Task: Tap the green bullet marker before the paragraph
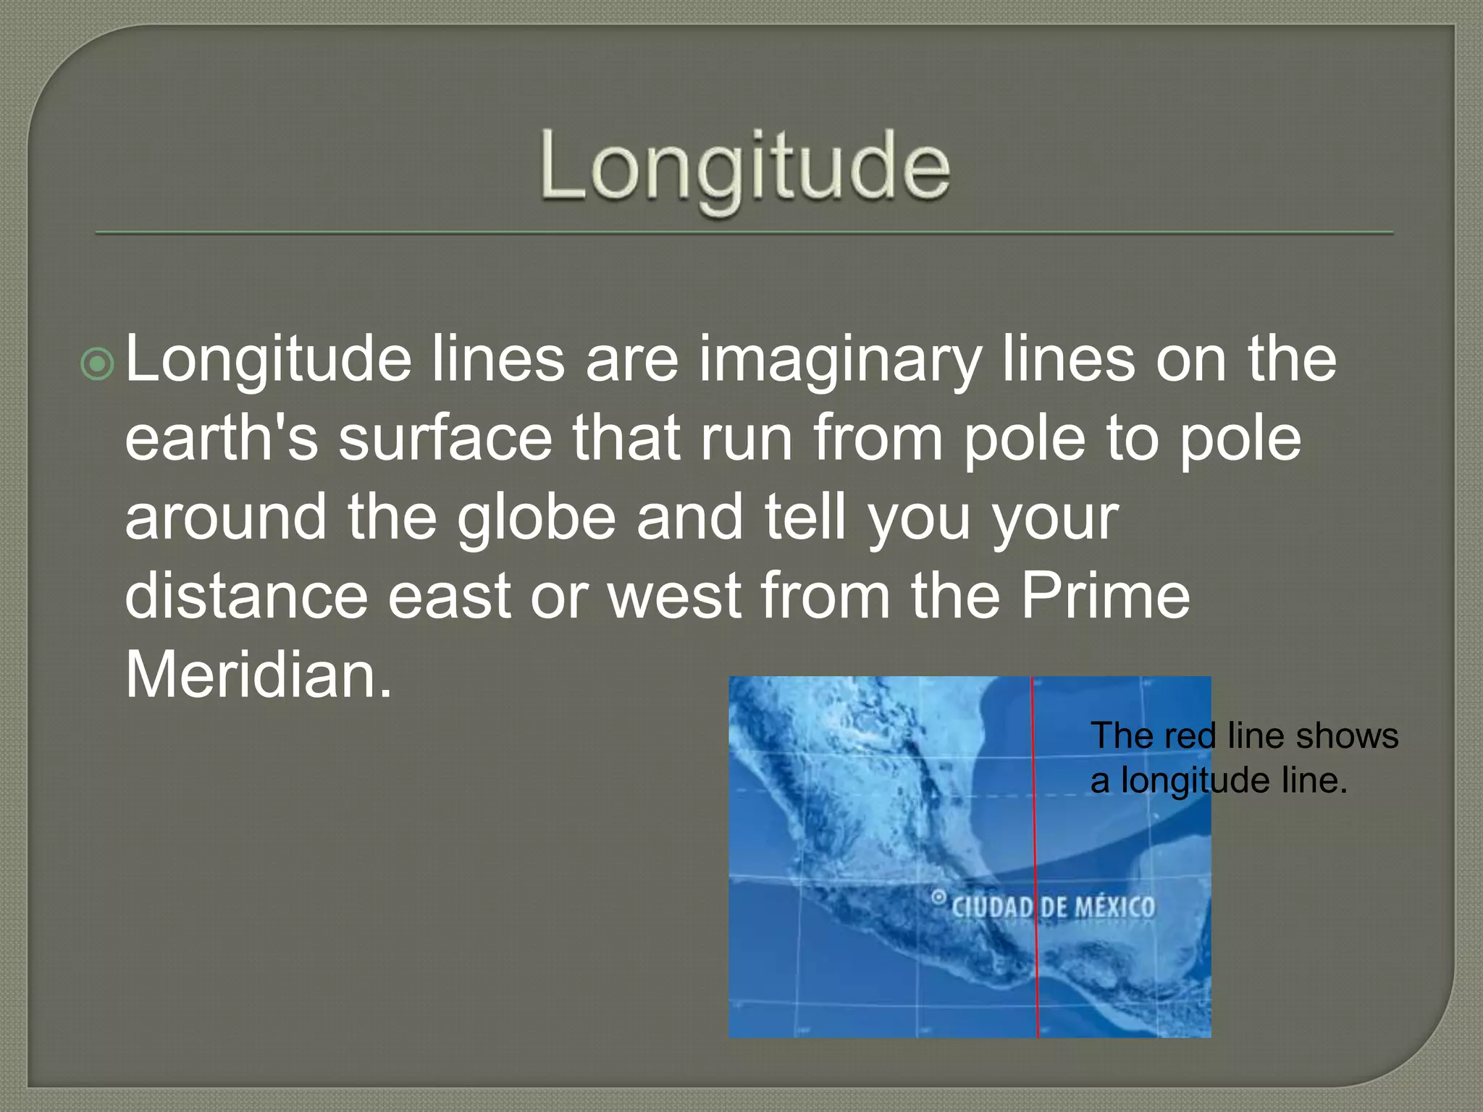[x=98, y=364]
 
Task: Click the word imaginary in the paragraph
[x=839, y=360]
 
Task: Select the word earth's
[x=221, y=439]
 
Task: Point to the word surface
[x=445, y=439]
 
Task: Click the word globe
[x=536, y=518]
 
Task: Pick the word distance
[x=246, y=596]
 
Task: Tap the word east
[x=449, y=596]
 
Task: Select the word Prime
[x=1105, y=596]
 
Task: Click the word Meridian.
[x=259, y=675]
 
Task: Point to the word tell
[x=805, y=518]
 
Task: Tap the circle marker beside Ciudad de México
[x=938, y=898]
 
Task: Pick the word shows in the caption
[x=1347, y=736]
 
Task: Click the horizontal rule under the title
[x=744, y=233]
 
